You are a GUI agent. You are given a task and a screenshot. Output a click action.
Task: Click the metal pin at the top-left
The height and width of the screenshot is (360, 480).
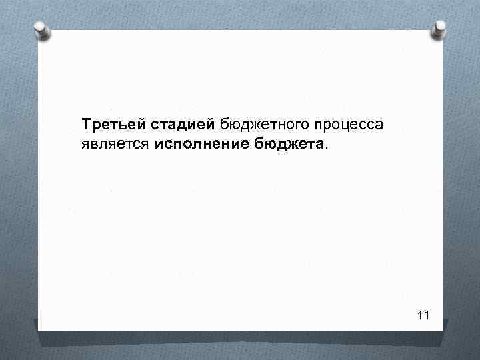[42, 29]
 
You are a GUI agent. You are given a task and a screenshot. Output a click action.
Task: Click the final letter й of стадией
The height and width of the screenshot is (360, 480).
[212, 124]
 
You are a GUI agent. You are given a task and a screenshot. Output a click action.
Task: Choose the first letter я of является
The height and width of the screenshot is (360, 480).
[85, 145]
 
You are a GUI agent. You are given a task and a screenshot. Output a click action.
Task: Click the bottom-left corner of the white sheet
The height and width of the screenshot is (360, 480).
[38, 330]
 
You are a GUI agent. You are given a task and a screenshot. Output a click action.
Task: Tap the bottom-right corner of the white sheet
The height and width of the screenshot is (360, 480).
[443, 330]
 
